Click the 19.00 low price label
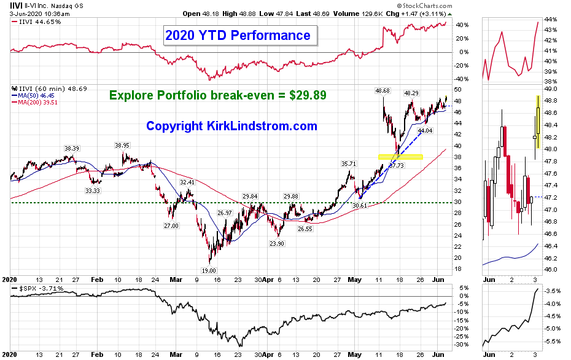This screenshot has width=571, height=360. (209, 270)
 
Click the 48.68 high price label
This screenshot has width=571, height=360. (383, 91)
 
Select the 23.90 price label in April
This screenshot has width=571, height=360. (278, 243)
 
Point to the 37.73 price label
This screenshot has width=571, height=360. (397, 165)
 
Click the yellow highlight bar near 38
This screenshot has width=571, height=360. (400, 157)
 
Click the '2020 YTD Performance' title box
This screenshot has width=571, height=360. (238, 35)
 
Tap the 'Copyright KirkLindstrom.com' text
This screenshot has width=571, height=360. (231, 126)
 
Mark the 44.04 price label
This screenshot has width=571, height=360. (425, 131)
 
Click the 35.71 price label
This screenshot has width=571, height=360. (349, 164)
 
